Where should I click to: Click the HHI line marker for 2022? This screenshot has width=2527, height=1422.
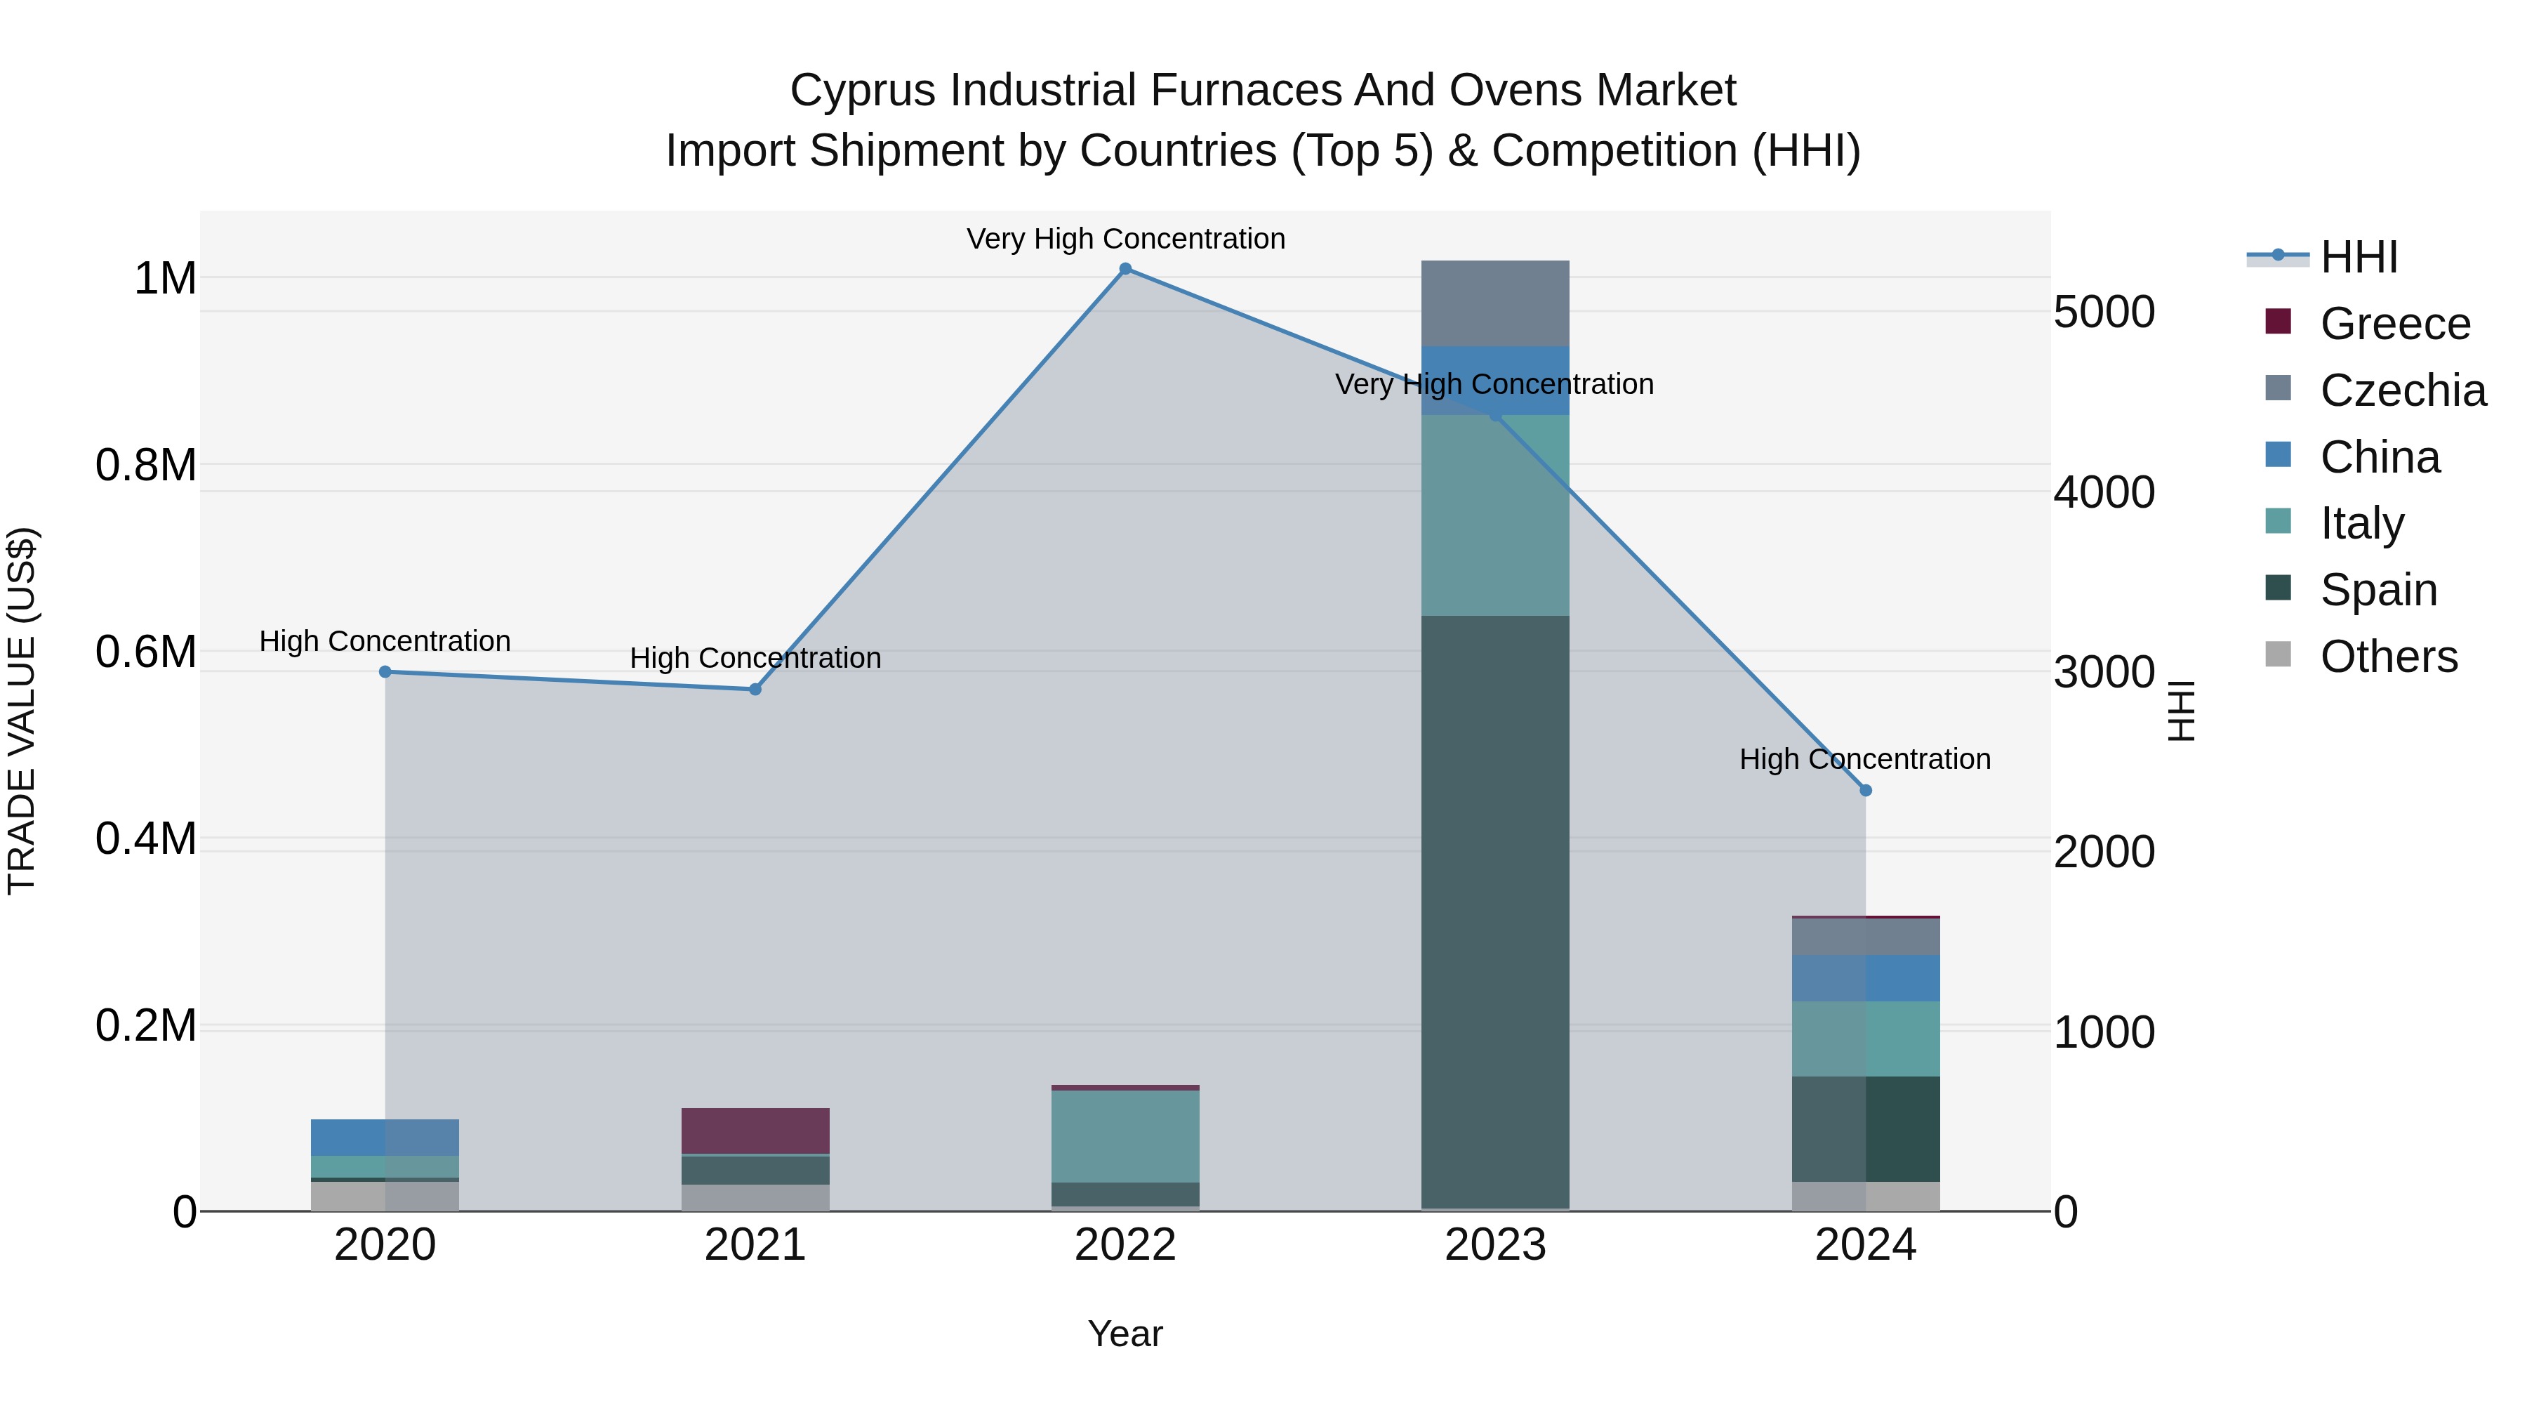pyautogui.click(x=1125, y=269)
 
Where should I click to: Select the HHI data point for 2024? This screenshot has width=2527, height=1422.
pyautogui.click(x=1866, y=790)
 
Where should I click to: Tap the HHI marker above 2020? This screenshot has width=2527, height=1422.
pyautogui.click(x=385, y=672)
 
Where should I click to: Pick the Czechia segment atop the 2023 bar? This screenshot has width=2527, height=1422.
pyautogui.click(x=1495, y=303)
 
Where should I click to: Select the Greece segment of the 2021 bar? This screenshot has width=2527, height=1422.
pyautogui.click(x=755, y=1131)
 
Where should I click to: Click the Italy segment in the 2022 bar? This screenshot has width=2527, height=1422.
pyautogui.click(x=1125, y=1136)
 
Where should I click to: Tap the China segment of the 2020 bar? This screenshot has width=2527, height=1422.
pyautogui.click(x=385, y=1138)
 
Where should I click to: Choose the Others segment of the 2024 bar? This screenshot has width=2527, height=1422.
pyautogui.click(x=1866, y=1197)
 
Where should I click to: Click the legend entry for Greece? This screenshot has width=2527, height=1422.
pyautogui.click(x=2394, y=324)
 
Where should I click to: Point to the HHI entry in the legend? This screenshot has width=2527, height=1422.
pyautogui.click(x=2359, y=257)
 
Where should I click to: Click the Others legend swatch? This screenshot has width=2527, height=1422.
pyautogui.click(x=2278, y=654)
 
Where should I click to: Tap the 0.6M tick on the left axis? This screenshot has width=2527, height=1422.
pyautogui.click(x=146, y=652)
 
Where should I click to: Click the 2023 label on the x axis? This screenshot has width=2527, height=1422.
pyautogui.click(x=1495, y=1245)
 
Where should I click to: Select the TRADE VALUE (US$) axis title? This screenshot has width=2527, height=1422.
pyautogui.click(x=22, y=711)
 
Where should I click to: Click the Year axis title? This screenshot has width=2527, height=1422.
pyautogui.click(x=1125, y=1334)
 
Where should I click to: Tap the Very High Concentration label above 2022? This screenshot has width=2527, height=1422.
pyautogui.click(x=1125, y=239)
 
